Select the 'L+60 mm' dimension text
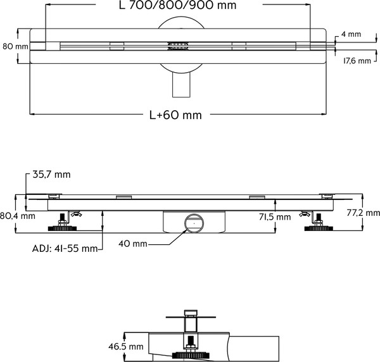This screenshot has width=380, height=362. tap(175, 115)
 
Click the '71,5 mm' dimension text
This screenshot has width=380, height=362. tap(275, 217)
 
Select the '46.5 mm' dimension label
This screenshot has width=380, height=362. tap(125, 347)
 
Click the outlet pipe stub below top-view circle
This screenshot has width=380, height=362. tap(180, 85)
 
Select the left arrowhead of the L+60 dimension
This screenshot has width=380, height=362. tap(32, 114)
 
